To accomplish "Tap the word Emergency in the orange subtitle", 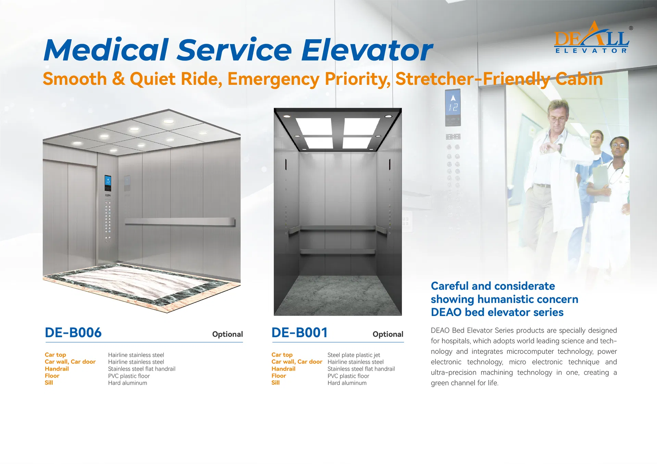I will pyautogui.click(x=273, y=79).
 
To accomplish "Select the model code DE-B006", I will pyautogui.click(x=73, y=333).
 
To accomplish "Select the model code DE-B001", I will pyautogui.click(x=300, y=333).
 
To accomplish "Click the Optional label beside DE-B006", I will pyautogui.click(x=227, y=334).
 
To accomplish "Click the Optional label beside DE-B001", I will pyautogui.click(x=388, y=334).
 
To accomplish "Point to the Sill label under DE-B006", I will pyautogui.click(x=49, y=383).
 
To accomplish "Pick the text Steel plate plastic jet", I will pyautogui.click(x=354, y=355).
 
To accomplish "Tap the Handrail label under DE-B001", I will pyautogui.click(x=283, y=369).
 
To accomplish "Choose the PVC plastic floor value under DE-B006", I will pyautogui.click(x=129, y=376).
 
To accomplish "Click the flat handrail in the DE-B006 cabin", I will pyautogui.click(x=180, y=222).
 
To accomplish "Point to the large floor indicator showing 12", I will pyautogui.click(x=453, y=107).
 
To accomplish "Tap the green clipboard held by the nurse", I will pyautogui.click(x=600, y=178).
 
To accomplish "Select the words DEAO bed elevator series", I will pyautogui.click(x=497, y=312).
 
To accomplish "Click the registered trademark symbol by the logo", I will pyautogui.click(x=631, y=28).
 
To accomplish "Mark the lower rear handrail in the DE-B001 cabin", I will pyautogui.click(x=338, y=252).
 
